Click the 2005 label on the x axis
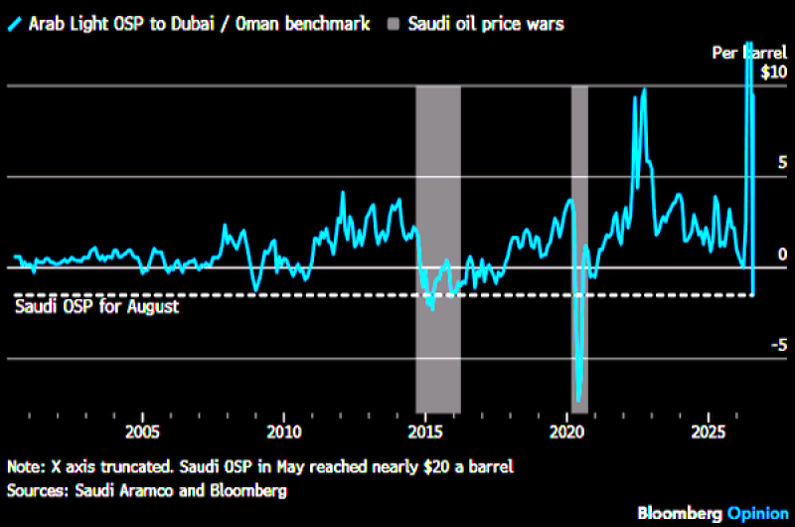(142, 433)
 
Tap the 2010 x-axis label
(284, 433)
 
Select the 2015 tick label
(425, 433)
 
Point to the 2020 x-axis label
(566, 433)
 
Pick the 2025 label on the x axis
(709, 433)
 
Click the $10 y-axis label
(774, 72)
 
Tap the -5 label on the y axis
(779, 345)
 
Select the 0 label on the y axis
(783, 255)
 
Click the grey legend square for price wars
(394, 24)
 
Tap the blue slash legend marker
(15, 24)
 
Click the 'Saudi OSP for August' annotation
(96, 306)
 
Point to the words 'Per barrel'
(749, 53)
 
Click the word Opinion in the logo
(758, 514)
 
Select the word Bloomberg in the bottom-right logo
(680, 514)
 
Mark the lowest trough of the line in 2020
(578, 401)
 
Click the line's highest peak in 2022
(644, 90)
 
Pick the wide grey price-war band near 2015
(438, 250)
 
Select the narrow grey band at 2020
(579, 250)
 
